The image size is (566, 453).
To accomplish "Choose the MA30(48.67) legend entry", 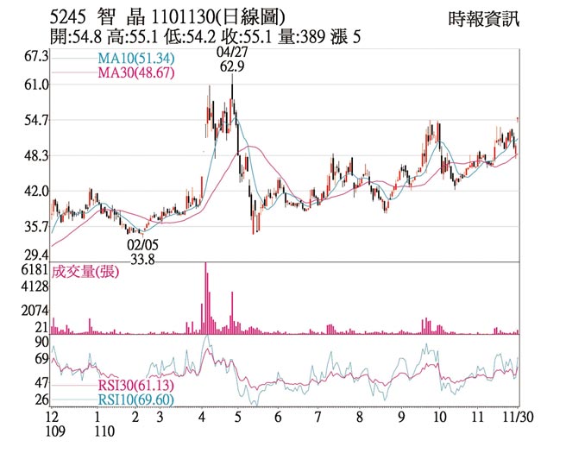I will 136,73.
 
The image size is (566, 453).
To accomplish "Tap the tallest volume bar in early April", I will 205,298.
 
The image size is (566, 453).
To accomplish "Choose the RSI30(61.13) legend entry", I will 135,385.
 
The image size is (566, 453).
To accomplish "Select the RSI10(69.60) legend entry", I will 135,399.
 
